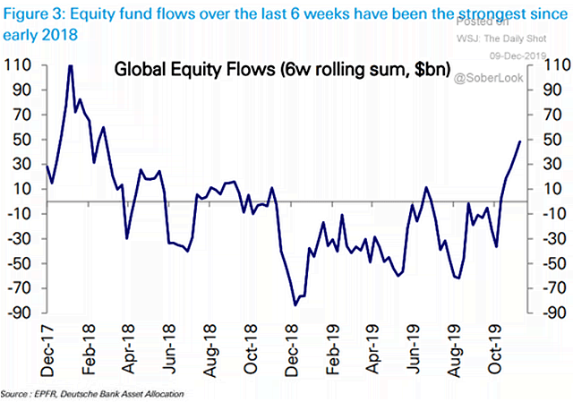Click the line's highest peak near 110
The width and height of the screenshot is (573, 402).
70,65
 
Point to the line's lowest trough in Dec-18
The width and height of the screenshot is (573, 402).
295,305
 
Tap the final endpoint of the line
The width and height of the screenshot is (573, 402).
520,141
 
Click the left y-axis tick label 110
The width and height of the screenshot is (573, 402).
18,65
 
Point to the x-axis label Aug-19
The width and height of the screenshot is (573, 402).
467,352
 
